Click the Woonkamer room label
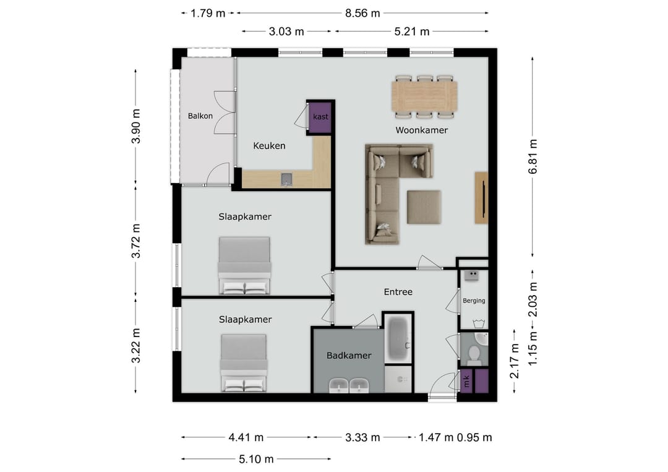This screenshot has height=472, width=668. click(x=421, y=131)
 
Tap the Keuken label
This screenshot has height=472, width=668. click(x=269, y=146)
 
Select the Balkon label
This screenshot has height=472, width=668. click(x=200, y=116)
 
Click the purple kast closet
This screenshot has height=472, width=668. click(x=320, y=117)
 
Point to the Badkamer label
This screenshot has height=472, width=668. click(x=349, y=355)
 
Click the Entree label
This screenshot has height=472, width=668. click(x=398, y=292)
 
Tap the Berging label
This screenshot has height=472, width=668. click(x=474, y=300)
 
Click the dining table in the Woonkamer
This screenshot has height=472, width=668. click(x=424, y=97)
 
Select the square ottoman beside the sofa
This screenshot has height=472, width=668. click(x=424, y=207)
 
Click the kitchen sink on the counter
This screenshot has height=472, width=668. click(x=287, y=179)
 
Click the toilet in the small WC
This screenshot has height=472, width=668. click(x=474, y=354)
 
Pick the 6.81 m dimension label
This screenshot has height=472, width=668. click(x=533, y=157)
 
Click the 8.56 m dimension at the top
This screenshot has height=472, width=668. click(x=362, y=13)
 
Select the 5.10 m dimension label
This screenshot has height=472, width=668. click(x=256, y=459)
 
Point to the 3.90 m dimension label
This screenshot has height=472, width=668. click(x=135, y=126)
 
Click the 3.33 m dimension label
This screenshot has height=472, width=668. click(x=362, y=437)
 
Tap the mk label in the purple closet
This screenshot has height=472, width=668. click(x=466, y=381)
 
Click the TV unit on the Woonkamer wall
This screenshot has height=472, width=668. click(x=481, y=198)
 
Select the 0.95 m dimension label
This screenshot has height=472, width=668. click(x=474, y=437)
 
